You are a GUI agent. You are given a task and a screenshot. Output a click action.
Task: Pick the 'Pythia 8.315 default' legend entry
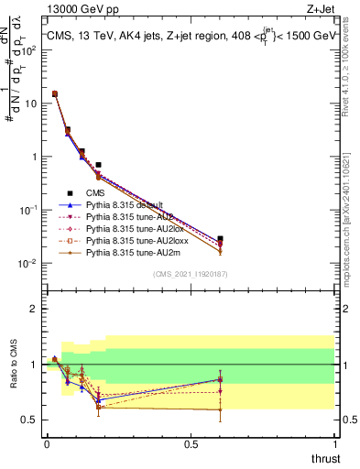click(125, 204)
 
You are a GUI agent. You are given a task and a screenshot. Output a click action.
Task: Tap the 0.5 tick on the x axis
click(191, 444)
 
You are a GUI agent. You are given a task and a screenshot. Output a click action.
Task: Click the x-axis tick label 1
click(334, 444)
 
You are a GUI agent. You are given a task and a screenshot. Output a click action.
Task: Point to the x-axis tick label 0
click(47, 444)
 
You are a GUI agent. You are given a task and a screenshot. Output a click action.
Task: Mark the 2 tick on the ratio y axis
click(32, 309)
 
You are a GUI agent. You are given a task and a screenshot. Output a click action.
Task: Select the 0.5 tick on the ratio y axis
click(29, 420)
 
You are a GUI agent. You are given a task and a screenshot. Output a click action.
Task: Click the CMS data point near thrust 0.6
click(220, 239)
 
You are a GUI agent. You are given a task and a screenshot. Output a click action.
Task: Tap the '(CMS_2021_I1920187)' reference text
click(190, 275)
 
